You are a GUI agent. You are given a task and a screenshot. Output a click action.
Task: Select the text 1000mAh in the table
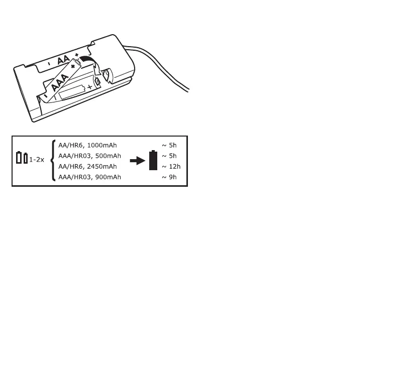[102, 145]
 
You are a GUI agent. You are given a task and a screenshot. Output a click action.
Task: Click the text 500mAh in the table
[107, 156]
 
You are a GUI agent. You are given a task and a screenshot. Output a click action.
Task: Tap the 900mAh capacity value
[107, 177]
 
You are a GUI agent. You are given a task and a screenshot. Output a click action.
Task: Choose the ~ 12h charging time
[171, 166]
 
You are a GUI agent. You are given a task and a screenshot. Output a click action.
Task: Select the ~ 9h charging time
[169, 177]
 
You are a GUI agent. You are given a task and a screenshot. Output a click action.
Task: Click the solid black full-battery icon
[153, 161]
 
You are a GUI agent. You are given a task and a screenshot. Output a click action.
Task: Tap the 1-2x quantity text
[36, 160]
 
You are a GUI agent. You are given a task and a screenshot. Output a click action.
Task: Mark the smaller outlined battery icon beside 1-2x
[26, 159]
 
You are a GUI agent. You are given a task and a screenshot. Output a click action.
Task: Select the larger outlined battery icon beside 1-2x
[19, 158]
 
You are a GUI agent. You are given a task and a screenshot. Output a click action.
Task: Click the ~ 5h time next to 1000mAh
[169, 145]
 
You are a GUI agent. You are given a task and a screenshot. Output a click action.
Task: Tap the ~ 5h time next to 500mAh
[169, 156]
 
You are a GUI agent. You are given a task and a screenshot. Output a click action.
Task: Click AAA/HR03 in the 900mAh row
[71, 177]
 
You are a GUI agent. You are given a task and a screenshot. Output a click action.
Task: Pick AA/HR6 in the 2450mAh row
[69, 166]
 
